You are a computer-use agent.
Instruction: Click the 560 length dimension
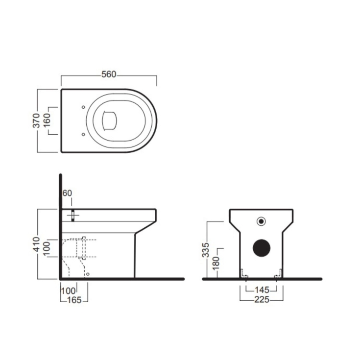pos(108,74)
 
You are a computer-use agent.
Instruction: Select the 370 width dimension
pos(36,120)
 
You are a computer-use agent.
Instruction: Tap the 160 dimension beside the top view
pos(48,120)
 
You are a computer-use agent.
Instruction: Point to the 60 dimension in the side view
pos(67,193)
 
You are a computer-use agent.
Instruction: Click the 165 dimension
pos(73,300)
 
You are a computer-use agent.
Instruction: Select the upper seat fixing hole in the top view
pos(83,107)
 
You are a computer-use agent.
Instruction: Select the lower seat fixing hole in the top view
pos(83,133)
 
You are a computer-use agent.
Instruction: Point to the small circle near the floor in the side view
pos(87,274)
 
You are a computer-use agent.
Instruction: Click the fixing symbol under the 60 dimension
pos(73,216)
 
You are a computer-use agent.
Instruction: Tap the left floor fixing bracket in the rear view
pos(243,273)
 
